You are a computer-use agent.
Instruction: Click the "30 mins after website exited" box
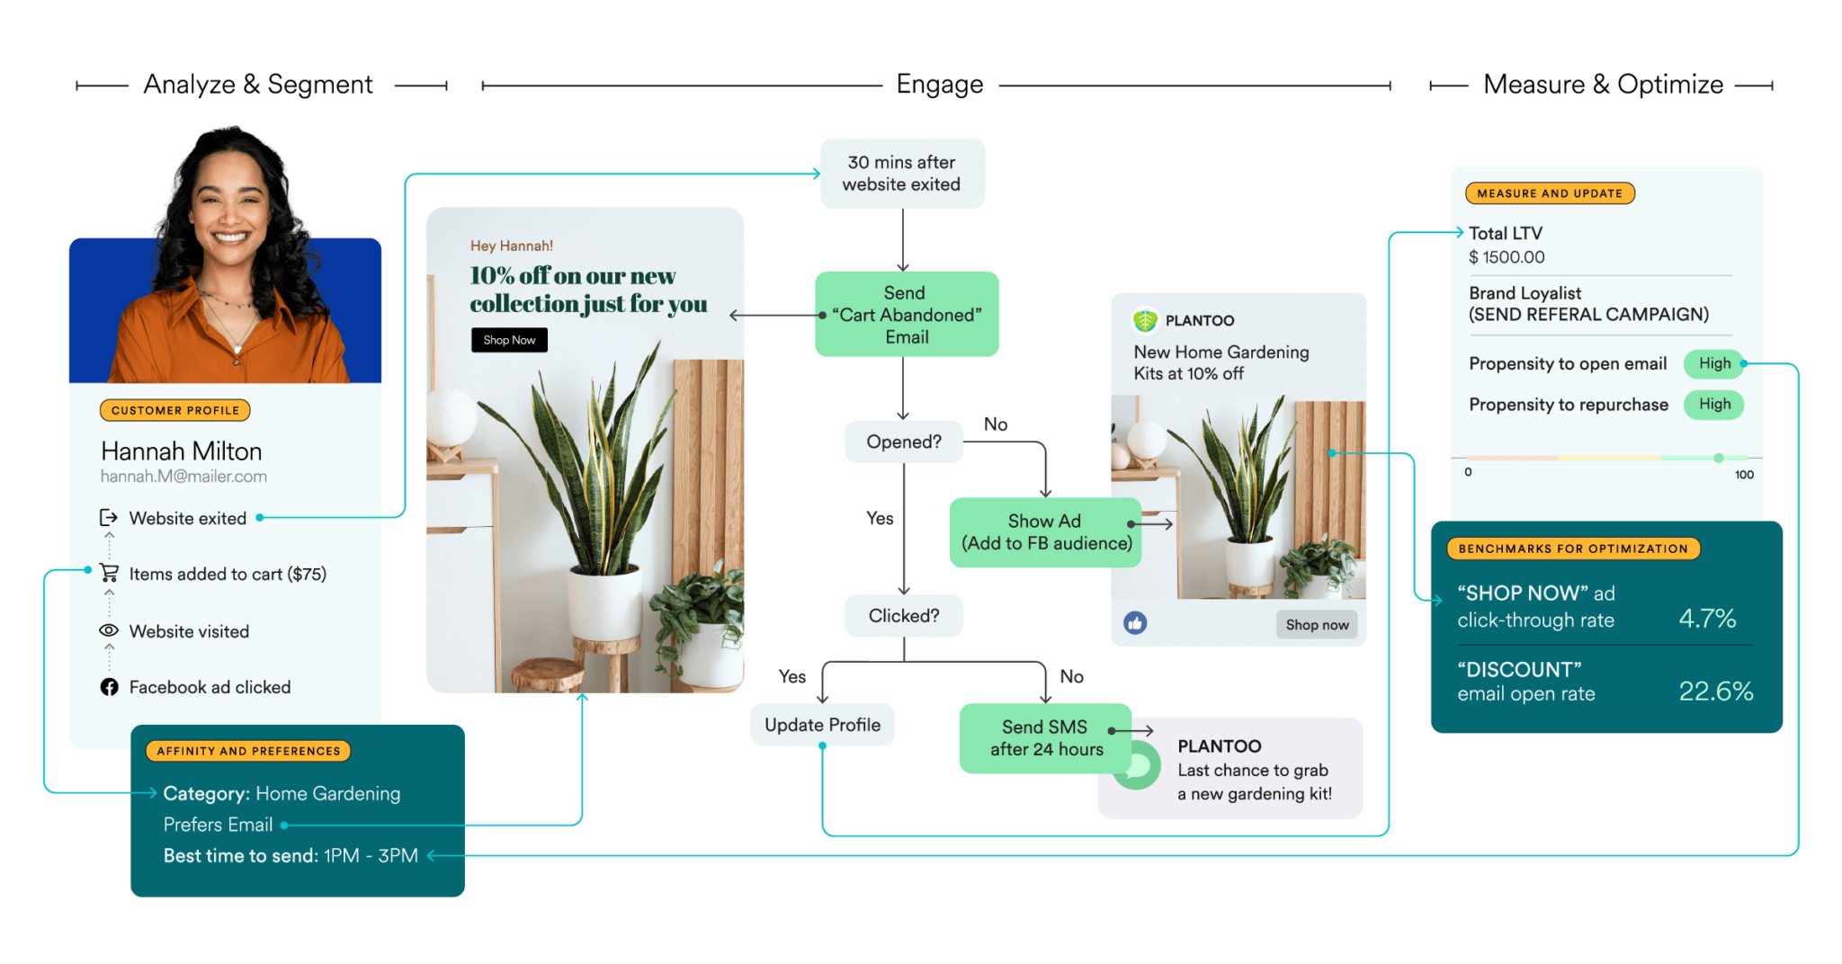coord(902,174)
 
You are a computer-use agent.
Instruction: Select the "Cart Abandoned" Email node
coord(906,315)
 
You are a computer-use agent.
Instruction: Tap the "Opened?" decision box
coord(903,442)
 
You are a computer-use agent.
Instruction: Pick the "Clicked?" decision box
coord(903,616)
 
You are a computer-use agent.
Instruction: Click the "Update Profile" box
coord(822,725)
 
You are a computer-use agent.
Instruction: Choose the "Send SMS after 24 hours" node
coord(1045,738)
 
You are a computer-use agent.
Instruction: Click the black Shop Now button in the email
coord(509,340)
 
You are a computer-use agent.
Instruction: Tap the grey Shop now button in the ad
coord(1316,625)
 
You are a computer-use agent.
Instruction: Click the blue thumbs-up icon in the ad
coord(1135,623)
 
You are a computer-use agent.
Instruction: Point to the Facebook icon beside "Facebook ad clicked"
coord(109,687)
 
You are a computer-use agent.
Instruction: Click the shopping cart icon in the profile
coord(109,573)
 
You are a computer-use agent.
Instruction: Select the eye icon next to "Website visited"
coord(109,630)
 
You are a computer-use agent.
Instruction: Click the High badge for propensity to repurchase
coord(1713,405)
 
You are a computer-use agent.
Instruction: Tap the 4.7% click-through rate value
coord(1706,619)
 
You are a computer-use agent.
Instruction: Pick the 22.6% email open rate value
coord(1715,691)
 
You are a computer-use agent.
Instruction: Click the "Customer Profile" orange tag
coord(174,410)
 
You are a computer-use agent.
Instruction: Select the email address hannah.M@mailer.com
coord(183,477)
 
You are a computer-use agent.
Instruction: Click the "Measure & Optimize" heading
coord(1603,85)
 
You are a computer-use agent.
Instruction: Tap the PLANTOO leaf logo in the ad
coord(1145,320)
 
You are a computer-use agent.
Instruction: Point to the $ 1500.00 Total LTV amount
coord(1507,257)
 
